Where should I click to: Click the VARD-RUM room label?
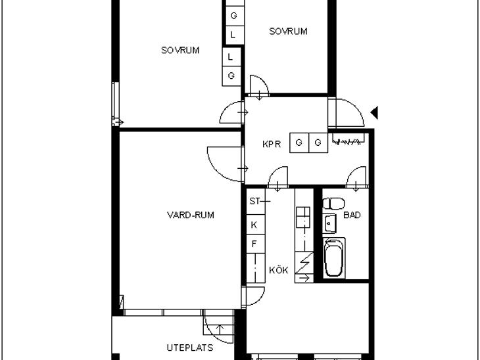click(191, 215)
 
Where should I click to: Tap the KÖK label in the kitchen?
click(279, 270)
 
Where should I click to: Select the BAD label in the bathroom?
click(352, 215)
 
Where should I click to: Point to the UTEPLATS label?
click(190, 348)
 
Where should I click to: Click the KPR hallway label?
click(271, 144)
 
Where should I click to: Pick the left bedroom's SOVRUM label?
click(180, 50)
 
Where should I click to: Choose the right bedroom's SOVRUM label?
click(288, 31)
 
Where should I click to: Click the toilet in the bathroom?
click(333, 204)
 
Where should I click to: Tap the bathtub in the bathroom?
click(334, 258)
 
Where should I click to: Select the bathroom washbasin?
click(329, 223)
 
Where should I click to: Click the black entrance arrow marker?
click(374, 112)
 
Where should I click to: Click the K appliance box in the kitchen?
click(256, 225)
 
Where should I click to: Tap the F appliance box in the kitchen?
click(256, 244)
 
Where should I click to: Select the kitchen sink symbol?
click(303, 217)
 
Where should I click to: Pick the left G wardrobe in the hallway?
click(299, 143)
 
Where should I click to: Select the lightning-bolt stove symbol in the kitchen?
click(304, 263)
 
